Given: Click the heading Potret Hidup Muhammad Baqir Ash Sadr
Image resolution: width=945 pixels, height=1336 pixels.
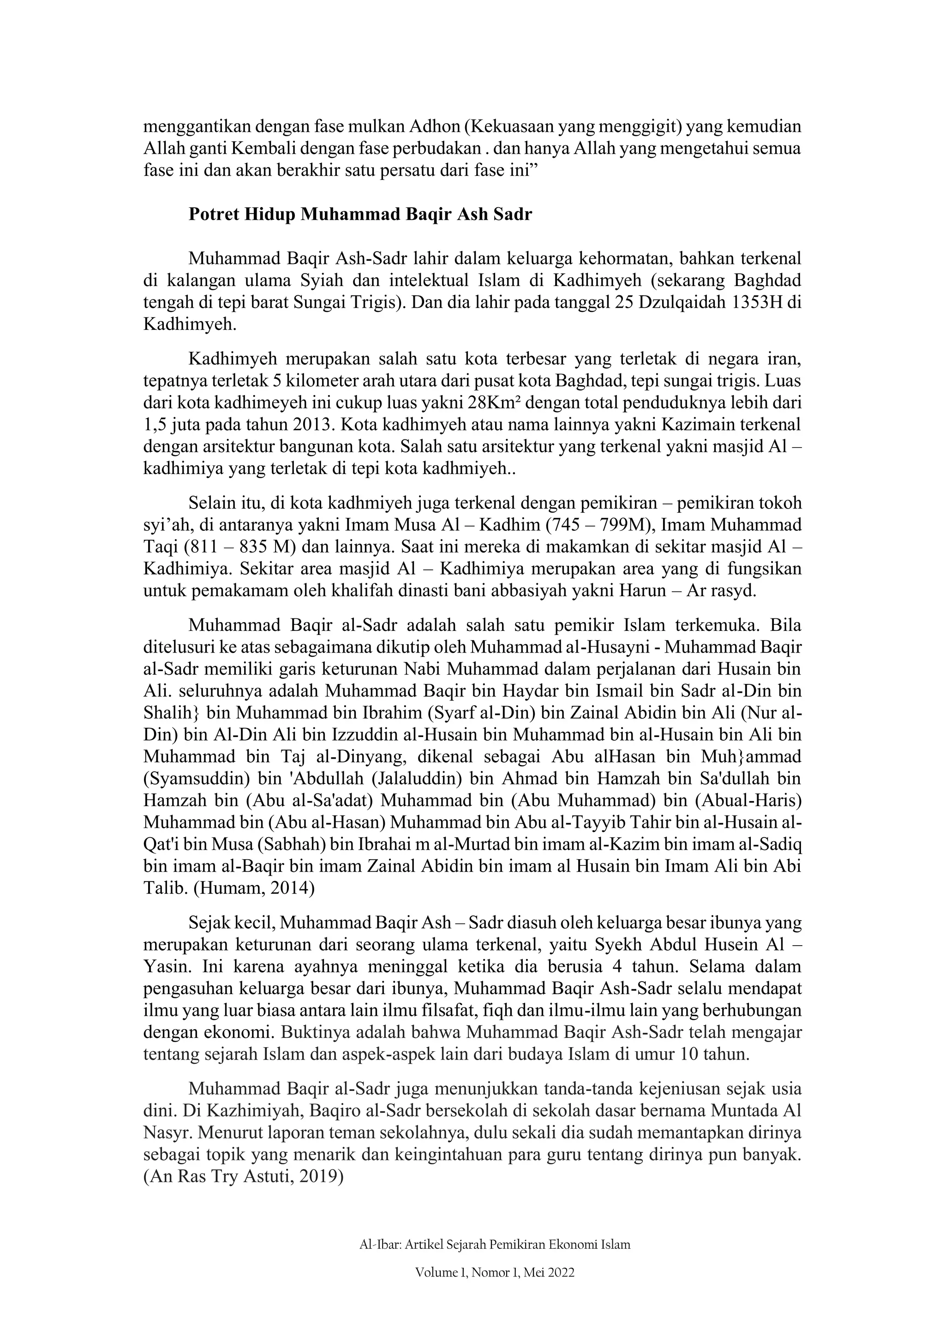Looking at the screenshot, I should point(360,215).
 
